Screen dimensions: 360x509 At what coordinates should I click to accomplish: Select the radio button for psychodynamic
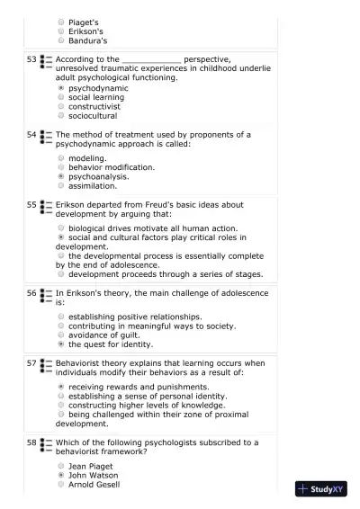click(x=61, y=89)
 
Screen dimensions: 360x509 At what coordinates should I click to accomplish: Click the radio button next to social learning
click(x=61, y=98)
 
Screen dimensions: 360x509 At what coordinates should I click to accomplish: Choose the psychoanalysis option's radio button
click(x=61, y=176)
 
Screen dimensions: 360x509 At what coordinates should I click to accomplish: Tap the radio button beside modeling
click(x=61, y=158)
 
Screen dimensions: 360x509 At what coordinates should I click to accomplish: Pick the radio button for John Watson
click(x=61, y=475)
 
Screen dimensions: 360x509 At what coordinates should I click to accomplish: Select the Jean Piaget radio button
click(x=61, y=466)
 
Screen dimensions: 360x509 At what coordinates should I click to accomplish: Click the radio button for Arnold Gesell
click(x=61, y=484)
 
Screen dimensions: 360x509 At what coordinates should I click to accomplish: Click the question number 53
click(x=31, y=59)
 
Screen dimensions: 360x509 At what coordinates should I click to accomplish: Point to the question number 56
click(x=31, y=293)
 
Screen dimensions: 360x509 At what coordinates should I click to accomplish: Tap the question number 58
click(x=31, y=442)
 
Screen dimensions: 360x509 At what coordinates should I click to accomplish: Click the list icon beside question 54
click(x=47, y=138)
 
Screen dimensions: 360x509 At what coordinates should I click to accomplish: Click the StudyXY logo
click(x=321, y=490)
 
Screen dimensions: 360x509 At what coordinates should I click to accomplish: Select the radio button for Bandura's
click(x=61, y=40)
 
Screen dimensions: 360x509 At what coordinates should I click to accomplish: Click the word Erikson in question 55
click(x=74, y=205)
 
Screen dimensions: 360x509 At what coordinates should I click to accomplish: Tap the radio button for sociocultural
click(x=61, y=116)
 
